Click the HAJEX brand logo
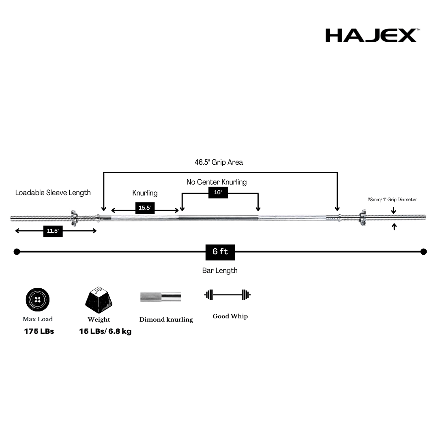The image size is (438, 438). tap(371, 35)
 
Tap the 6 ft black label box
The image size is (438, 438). tap(220, 252)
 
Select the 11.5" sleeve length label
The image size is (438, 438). tap(53, 231)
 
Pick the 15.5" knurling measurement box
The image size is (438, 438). tap(145, 208)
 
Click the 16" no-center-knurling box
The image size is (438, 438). tap(218, 193)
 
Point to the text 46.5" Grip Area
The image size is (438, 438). tap(219, 162)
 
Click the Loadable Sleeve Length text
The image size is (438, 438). tap(53, 193)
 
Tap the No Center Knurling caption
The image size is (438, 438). tap(217, 182)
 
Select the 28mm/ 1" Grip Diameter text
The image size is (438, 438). tap(392, 200)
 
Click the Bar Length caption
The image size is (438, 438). tap(220, 271)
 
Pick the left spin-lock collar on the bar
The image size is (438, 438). tap(74, 218)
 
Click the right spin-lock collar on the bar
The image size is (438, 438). tap(362, 218)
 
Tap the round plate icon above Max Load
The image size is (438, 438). tap(38, 300)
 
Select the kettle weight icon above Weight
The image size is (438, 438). tap(99, 300)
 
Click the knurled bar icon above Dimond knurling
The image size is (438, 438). tap(161, 296)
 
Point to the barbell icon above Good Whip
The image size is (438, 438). tap(227, 295)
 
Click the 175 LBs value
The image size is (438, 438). tap(39, 331)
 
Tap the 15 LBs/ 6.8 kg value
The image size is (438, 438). tap(105, 331)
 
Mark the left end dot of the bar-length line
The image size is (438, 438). tap(17, 252)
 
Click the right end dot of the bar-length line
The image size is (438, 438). tap(423, 252)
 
